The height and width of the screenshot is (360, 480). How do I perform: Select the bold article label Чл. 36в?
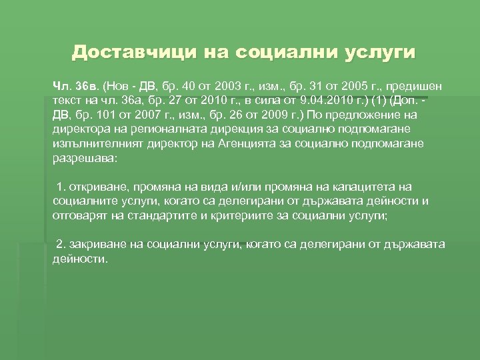[x=75, y=87]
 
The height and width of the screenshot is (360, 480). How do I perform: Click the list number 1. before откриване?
[x=62, y=187]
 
